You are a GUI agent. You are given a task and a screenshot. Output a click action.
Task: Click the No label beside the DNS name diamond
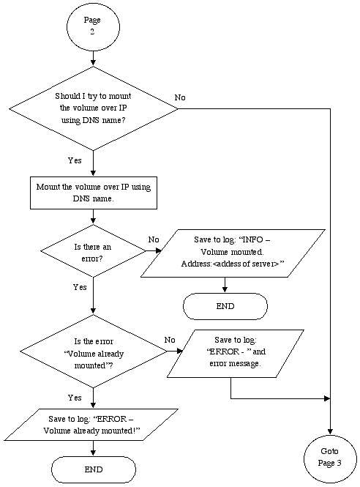(x=180, y=97)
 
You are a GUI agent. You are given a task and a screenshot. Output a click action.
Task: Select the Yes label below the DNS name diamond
(x=75, y=160)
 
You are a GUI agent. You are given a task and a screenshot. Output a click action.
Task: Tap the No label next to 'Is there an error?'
(x=154, y=239)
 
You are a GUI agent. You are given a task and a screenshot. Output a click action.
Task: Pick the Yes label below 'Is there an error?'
(x=80, y=287)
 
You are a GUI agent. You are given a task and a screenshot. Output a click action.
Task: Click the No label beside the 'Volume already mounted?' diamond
(x=170, y=340)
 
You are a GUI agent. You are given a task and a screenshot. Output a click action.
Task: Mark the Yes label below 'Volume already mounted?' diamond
(x=75, y=398)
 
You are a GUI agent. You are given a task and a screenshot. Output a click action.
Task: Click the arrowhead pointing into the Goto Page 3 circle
(x=330, y=432)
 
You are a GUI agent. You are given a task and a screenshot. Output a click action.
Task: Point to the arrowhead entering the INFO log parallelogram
(x=158, y=250)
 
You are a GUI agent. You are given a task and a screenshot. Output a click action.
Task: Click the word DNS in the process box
(x=81, y=198)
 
